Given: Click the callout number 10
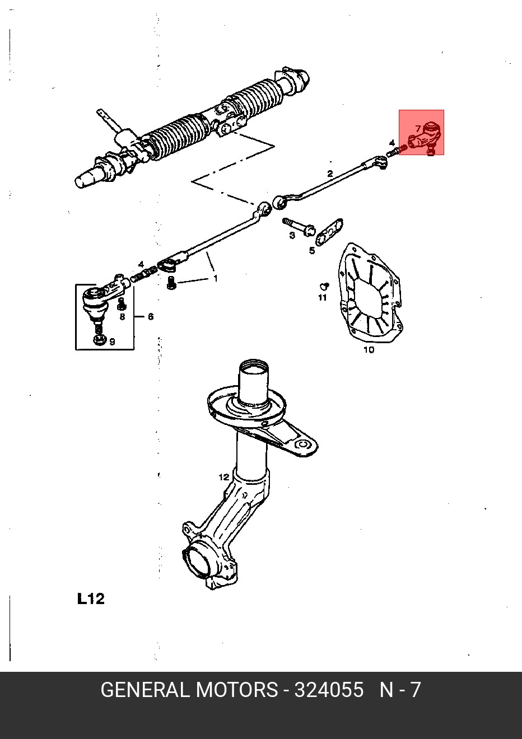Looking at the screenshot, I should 369,350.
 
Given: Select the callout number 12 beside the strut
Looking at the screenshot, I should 223,477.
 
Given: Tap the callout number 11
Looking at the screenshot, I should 322,297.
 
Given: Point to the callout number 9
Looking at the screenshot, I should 112,341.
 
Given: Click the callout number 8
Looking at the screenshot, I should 123,317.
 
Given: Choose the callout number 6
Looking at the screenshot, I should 151,317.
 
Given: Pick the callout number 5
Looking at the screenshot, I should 312,250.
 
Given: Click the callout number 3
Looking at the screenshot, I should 292,235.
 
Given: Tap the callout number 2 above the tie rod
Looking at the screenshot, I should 330,174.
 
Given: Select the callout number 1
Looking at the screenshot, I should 215,278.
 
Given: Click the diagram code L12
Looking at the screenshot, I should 91,598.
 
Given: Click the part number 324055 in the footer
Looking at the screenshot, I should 329,690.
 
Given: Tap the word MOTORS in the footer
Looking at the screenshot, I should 236,690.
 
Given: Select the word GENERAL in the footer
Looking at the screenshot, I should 145,690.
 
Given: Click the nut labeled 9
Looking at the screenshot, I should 100,339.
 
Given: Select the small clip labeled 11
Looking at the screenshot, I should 323,286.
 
